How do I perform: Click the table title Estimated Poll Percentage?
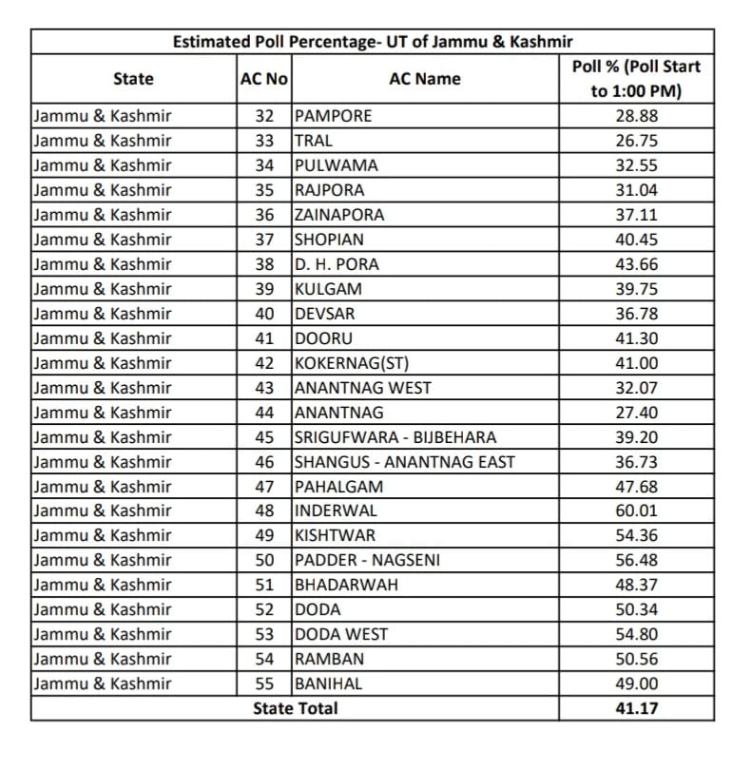point(372,42)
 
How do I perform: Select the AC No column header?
point(264,79)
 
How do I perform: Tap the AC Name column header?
point(425,79)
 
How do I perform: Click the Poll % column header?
point(636,79)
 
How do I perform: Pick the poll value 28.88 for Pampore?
point(636,116)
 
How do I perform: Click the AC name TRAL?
point(314,141)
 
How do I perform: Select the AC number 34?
point(264,165)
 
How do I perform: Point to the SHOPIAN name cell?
point(329,240)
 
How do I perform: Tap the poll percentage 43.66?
point(636,264)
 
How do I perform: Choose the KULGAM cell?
point(328,289)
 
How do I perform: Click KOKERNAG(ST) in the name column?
point(352,363)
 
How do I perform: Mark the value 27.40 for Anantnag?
point(636,413)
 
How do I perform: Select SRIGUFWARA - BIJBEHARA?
point(395,437)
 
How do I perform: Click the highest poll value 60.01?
point(636,511)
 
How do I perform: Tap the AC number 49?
point(264,536)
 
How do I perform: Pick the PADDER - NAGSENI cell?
point(367,561)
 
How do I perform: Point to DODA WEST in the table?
point(341,635)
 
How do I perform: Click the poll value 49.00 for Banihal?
point(636,684)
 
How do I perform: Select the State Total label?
point(295,708)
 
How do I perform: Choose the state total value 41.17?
point(636,708)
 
